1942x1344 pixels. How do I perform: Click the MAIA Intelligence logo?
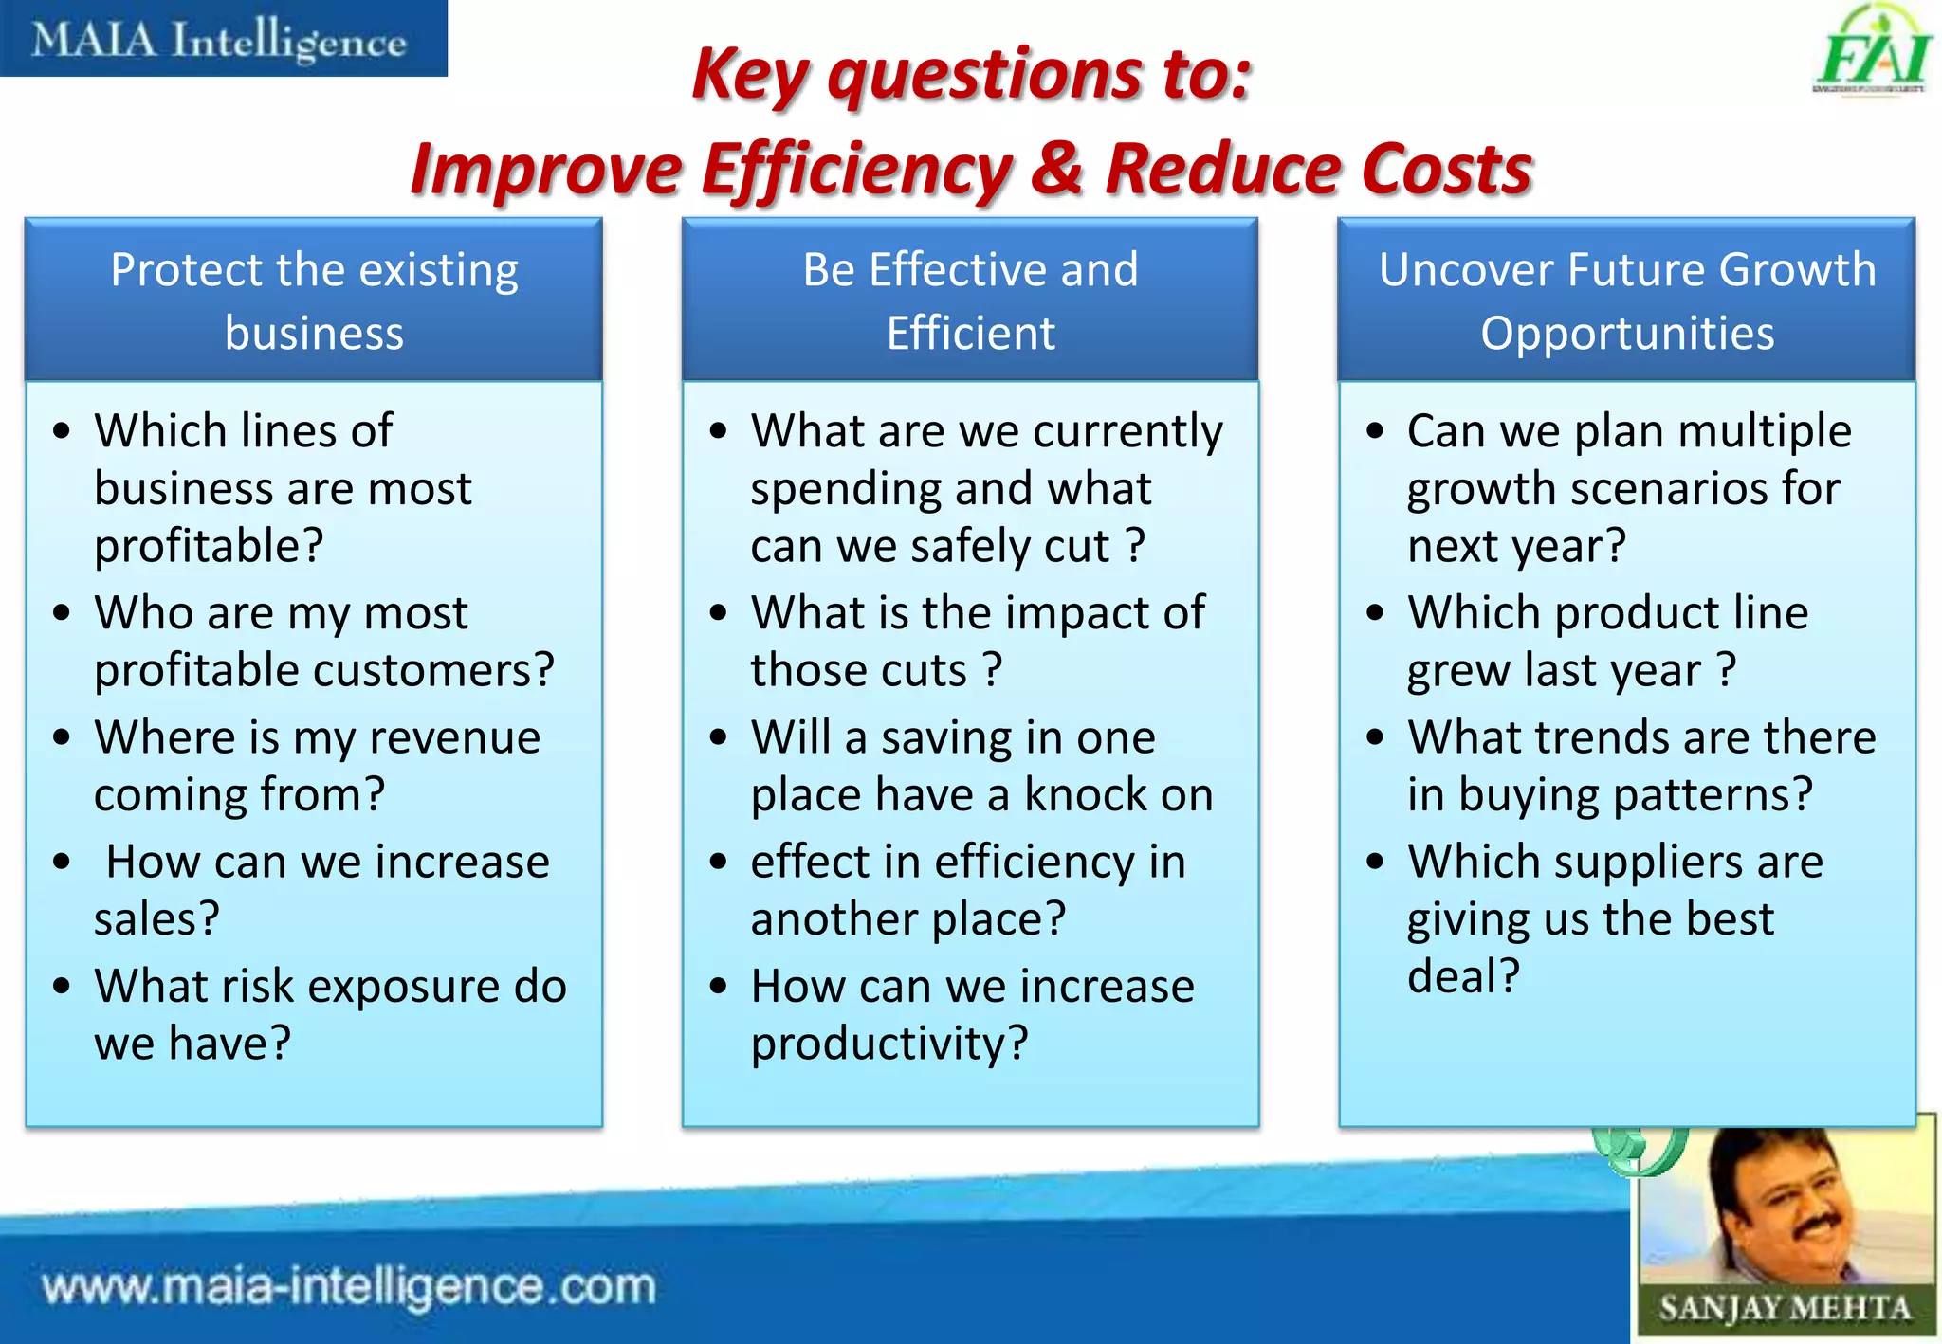(220, 40)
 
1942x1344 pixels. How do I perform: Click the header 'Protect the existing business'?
(314, 301)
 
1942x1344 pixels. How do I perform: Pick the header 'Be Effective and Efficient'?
(970, 301)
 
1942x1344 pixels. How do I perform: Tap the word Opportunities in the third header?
(1627, 334)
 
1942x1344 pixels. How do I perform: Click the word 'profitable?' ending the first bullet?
(209, 547)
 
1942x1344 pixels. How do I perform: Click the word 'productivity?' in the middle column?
(889, 1044)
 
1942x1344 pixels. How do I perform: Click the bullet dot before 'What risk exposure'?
(63, 987)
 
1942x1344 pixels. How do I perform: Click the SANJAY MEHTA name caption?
(1784, 1309)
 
